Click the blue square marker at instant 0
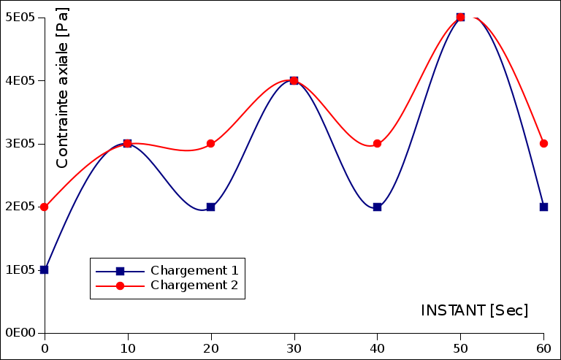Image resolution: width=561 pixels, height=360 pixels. pos(45,269)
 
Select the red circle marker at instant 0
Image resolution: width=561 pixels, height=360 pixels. pos(45,207)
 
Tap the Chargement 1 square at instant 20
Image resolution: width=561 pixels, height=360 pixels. pos(210,207)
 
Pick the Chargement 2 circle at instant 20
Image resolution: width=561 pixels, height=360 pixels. pos(210,144)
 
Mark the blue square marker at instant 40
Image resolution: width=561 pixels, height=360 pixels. pos(377,207)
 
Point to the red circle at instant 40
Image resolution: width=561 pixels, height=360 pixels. pos(377,144)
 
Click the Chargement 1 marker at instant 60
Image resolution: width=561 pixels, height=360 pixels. pos(543,207)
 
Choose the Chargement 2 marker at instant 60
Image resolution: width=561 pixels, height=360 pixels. pos(543,144)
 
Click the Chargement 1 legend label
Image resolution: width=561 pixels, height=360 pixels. pos(194,270)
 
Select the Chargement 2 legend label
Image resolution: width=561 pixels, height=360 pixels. pos(194,286)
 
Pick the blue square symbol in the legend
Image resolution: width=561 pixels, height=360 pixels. pos(121,271)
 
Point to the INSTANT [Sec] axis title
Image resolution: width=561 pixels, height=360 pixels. pos(474,310)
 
